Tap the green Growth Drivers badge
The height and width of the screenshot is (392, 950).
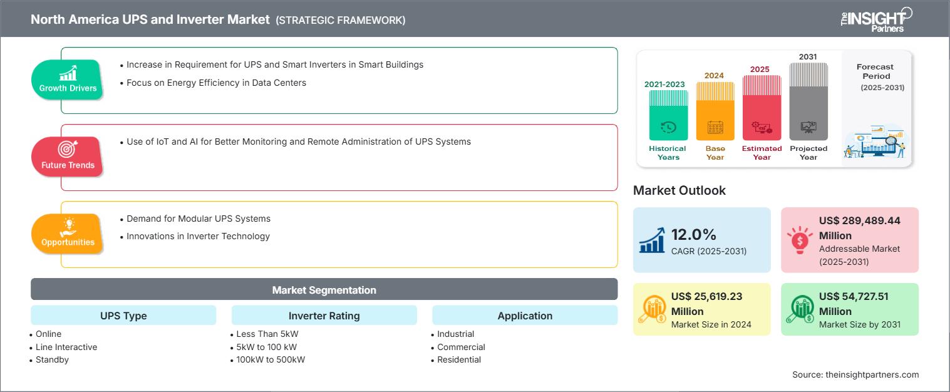pos(68,80)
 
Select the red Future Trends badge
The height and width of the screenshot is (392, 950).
pos(68,157)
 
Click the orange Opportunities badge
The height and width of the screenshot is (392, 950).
pos(68,234)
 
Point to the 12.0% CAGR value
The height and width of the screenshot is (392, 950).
pos(693,235)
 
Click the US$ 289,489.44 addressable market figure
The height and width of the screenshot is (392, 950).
pos(859,228)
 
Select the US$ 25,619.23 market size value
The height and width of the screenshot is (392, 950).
pos(706,304)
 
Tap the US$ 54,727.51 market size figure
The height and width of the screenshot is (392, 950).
pos(854,304)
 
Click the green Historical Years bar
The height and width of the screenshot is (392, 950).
pos(668,115)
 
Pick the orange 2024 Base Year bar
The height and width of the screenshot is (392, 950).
pos(715,111)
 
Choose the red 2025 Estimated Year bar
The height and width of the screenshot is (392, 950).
pos(762,108)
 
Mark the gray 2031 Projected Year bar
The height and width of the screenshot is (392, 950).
pos(808,102)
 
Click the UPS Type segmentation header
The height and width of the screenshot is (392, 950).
pos(123,316)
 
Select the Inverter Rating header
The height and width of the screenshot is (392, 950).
pos(324,316)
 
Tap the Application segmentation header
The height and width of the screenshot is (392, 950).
pos(525,316)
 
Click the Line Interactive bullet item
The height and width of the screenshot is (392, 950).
pos(66,347)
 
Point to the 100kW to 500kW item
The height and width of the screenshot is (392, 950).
pos(271,360)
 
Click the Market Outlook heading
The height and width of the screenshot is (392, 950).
pos(679,190)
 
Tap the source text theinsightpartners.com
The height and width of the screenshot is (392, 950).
pos(872,374)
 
